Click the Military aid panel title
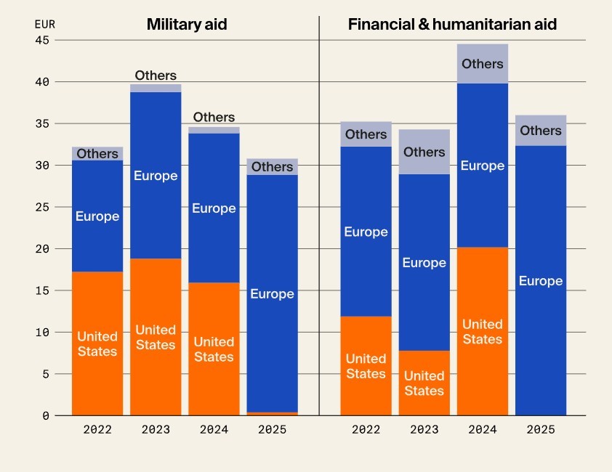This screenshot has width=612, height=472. click(x=187, y=24)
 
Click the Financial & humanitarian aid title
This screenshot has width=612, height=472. click(x=452, y=24)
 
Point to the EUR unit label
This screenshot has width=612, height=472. click(x=44, y=24)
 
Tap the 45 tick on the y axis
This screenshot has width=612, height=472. click(x=41, y=41)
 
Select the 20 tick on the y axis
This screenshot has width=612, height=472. click(x=41, y=249)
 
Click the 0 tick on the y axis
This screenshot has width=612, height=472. click(x=45, y=416)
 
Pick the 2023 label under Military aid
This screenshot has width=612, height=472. click(x=156, y=430)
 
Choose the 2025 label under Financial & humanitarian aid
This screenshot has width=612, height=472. click(x=541, y=430)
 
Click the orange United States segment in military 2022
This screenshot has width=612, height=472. click(x=97, y=343)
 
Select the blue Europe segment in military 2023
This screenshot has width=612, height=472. click(x=156, y=176)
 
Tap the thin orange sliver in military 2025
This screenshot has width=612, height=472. click(x=272, y=414)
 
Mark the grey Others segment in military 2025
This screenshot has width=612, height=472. click(x=272, y=167)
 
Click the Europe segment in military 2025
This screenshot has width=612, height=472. click(x=272, y=293)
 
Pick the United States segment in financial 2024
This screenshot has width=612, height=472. click(x=483, y=331)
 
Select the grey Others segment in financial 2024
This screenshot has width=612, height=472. click(x=483, y=64)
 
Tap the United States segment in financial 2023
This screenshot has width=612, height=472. click(x=424, y=383)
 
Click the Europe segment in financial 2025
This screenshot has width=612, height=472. click(x=541, y=281)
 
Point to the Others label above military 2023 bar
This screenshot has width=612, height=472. click(x=156, y=76)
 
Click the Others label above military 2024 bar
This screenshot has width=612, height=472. click(x=214, y=118)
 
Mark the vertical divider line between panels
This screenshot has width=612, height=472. click(x=319, y=218)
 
